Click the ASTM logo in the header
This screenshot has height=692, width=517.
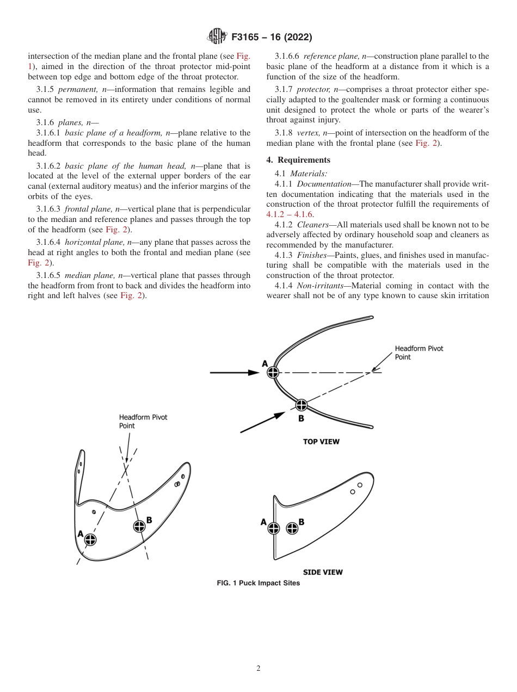click(x=217, y=37)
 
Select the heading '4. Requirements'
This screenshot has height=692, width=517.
click(x=298, y=160)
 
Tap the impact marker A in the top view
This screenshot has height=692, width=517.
click(x=273, y=372)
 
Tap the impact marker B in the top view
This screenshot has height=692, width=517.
click(x=301, y=405)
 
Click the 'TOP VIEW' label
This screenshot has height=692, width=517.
click(x=321, y=442)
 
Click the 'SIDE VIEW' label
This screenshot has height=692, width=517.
click(x=323, y=572)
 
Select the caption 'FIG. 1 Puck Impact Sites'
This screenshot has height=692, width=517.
click(x=258, y=583)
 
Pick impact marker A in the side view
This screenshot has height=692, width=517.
click(x=273, y=528)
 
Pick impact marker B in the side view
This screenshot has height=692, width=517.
click(x=292, y=528)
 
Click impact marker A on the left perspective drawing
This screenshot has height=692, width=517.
click(x=90, y=540)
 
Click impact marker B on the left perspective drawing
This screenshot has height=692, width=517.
click(x=139, y=526)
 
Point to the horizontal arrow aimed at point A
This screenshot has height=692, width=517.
click(x=234, y=372)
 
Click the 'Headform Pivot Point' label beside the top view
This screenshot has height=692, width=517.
click(x=418, y=353)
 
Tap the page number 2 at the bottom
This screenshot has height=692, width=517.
click(x=258, y=669)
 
